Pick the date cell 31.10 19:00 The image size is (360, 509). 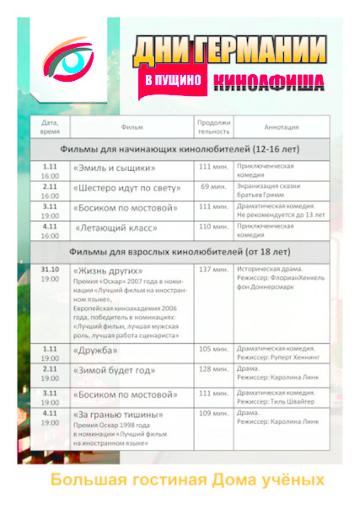pos(50,273)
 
